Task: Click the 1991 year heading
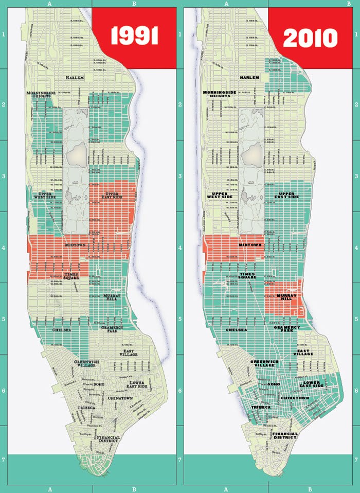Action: (134, 38)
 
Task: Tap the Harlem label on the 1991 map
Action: (77, 77)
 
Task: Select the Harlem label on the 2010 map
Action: (249, 77)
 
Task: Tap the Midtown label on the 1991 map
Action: (76, 245)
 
